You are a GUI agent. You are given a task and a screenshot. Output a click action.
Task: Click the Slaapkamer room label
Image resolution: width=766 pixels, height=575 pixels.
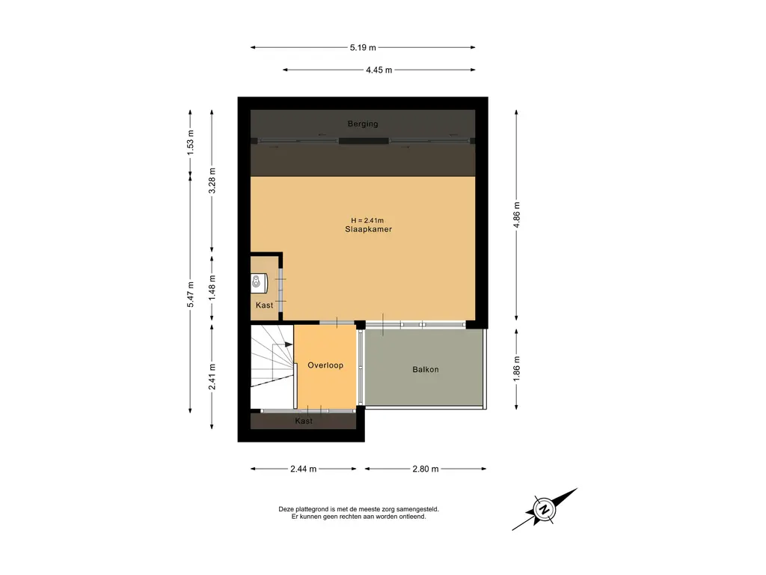coord(368,229)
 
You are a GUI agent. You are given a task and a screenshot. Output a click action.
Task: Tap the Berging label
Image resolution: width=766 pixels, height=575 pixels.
coord(363,124)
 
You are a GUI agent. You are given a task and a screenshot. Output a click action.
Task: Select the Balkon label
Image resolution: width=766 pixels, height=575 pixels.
coord(426,369)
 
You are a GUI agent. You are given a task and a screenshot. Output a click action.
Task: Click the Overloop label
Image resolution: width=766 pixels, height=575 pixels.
coord(325,365)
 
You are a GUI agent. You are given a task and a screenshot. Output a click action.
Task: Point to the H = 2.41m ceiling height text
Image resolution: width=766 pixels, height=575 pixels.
coord(367,221)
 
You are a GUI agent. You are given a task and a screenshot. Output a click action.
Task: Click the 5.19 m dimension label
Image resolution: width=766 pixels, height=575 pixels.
coord(363,47)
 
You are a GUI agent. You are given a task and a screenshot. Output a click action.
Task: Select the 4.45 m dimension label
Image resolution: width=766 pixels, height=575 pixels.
coord(379,70)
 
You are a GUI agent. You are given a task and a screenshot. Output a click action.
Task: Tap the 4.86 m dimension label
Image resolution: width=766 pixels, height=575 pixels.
coord(517,215)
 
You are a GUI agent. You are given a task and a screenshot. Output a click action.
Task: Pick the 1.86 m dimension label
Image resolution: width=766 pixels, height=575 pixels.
coord(517,368)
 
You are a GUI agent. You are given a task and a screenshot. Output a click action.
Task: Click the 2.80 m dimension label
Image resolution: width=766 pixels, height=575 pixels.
coord(426,469)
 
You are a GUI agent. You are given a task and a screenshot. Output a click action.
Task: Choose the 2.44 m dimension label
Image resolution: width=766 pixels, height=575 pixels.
coord(304,469)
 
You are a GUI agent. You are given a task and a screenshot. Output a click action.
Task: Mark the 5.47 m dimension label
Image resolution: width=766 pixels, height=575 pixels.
coord(191,295)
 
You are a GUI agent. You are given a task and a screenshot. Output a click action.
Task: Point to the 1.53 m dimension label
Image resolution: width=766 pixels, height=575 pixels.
coord(191,143)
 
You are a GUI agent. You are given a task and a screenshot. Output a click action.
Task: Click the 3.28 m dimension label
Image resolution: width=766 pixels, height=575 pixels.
coord(212,181)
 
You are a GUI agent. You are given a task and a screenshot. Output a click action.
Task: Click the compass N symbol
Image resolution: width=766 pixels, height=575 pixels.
coord(545,509)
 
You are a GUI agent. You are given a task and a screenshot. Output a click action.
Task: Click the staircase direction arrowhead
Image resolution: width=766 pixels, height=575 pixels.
coord(289,344)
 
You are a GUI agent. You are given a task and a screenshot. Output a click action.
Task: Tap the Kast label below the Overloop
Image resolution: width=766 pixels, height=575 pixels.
coord(304,421)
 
